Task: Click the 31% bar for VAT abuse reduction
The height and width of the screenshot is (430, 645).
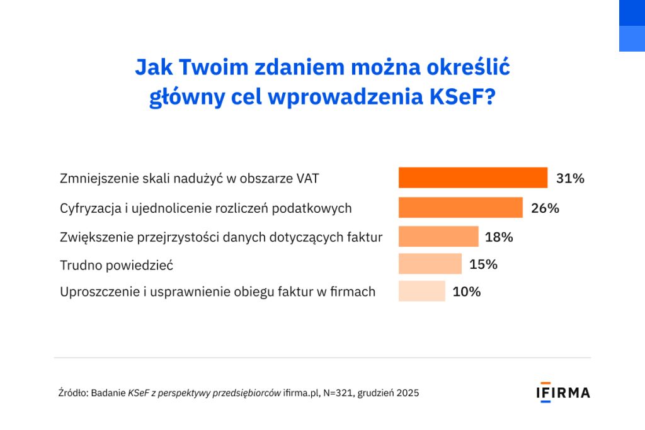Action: pos(473,178)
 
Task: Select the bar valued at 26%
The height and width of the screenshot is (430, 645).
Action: pos(460,207)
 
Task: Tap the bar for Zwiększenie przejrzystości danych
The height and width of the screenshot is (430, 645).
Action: pos(438,236)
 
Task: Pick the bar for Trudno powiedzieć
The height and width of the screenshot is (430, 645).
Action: pos(430,264)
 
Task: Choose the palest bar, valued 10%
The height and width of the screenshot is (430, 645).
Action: pos(422,291)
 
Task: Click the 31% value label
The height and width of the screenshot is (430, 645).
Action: pos(570,178)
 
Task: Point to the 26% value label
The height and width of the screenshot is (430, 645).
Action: pos(545,208)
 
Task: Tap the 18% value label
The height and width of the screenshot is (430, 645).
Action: pos(499,237)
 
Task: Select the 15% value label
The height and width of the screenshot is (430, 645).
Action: pos(483,264)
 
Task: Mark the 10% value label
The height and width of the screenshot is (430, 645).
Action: pos(467,291)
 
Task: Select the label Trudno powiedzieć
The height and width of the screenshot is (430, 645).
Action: pos(117,265)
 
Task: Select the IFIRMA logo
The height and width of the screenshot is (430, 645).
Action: pos(563,393)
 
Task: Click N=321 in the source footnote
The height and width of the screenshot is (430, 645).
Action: pos(338,393)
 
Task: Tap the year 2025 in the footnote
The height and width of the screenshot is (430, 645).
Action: pos(408,393)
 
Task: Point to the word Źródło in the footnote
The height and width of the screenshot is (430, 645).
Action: pos(73,393)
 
